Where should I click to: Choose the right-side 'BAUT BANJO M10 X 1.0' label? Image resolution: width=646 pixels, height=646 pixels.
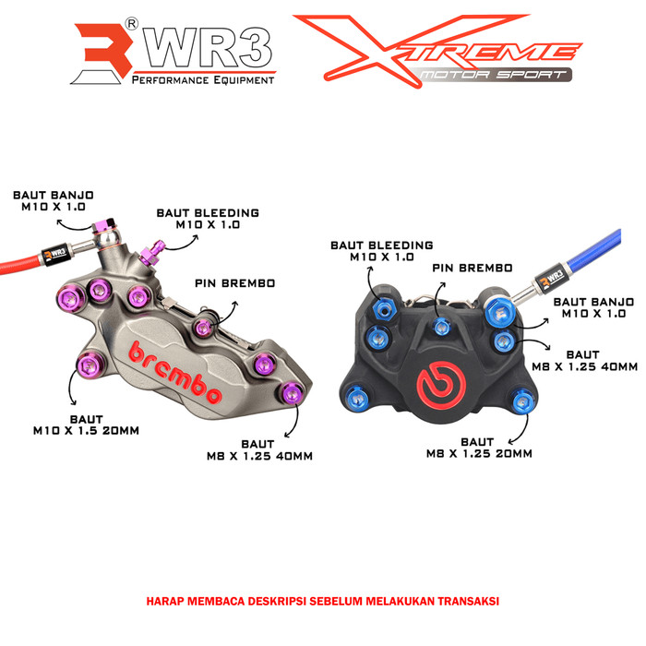(592, 307)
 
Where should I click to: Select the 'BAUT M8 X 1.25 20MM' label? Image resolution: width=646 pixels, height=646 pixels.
(479, 448)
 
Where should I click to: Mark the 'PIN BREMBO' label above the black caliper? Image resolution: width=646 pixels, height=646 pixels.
(473, 268)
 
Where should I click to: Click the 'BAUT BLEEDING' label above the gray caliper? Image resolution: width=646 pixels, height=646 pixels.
(207, 219)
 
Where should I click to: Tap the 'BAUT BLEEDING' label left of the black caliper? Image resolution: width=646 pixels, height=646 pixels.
(381, 251)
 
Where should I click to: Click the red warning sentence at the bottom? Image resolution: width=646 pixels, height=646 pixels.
(323, 600)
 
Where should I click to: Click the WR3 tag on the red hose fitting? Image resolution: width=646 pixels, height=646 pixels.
(58, 248)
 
